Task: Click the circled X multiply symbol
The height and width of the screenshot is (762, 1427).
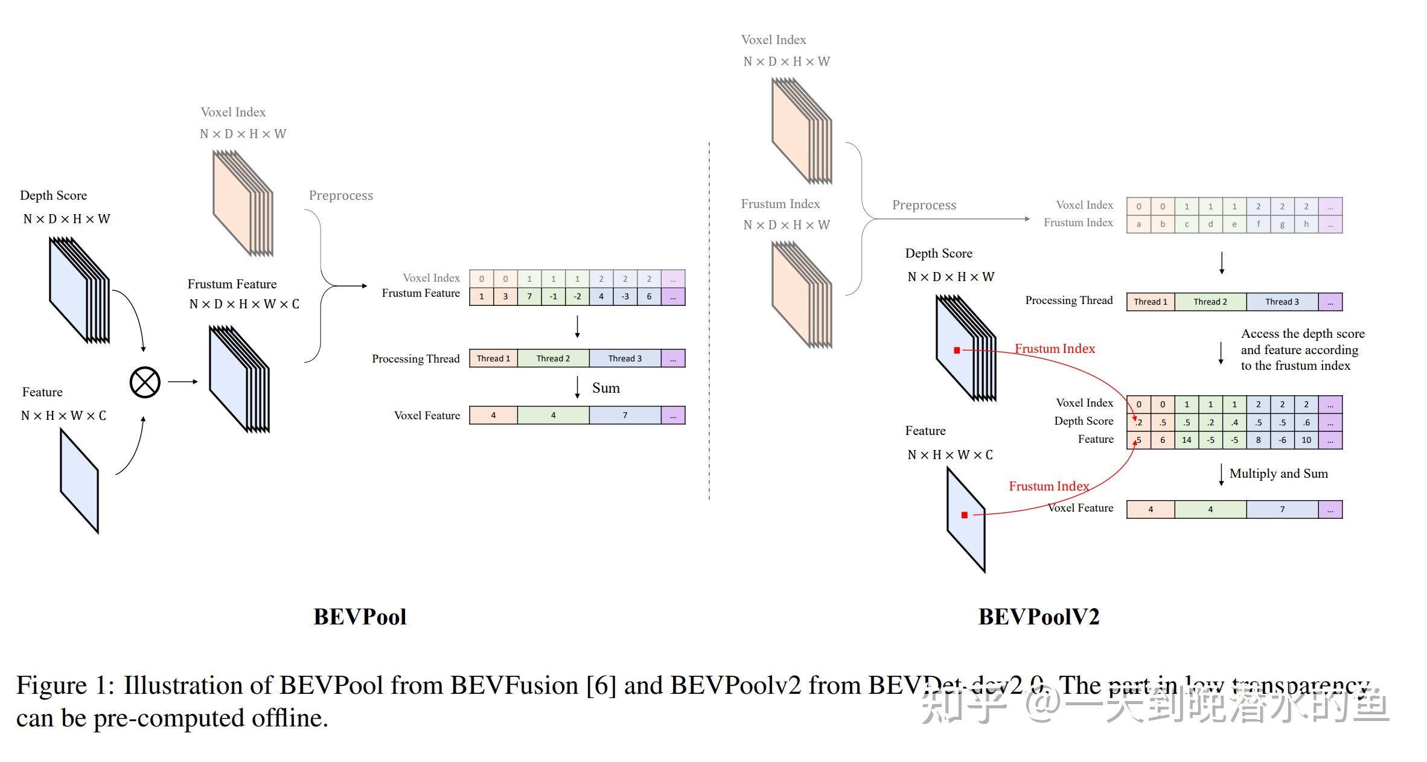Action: coord(145,382)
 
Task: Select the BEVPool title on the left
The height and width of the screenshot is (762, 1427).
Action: coord(360,617)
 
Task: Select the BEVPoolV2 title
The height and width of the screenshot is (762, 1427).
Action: coord(1038,617)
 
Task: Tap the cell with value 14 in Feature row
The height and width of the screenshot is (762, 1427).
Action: coord(1186,440)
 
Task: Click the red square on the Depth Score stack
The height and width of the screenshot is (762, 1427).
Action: coord(957,350)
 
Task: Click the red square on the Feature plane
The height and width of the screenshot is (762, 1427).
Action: coord(964,515)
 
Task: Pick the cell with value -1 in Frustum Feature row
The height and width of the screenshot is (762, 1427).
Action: coord(553,296)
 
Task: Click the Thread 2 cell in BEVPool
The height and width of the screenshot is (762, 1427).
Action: coord(553,358)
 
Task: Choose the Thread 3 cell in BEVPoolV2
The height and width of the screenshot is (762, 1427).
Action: coord(1282,302)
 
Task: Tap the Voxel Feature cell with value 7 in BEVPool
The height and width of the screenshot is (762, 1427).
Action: coord(625,415)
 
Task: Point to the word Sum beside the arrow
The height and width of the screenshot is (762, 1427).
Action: coord(605,388)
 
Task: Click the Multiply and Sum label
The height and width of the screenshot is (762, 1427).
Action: coord(1279,474)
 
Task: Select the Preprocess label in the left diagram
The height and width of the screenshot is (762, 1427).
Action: coord(340,195)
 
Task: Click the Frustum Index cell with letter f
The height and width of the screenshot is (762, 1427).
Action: coord(1258,224)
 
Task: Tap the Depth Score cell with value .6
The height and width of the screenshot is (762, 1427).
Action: coord(1306,422)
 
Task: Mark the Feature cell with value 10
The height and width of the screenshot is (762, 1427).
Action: coord(1306,440)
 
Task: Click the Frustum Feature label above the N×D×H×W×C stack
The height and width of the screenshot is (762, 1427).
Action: coord(232,284)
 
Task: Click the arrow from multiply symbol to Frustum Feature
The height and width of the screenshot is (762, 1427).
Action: coord(183,381)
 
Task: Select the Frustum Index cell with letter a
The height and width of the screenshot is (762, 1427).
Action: coord(1138,224)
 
